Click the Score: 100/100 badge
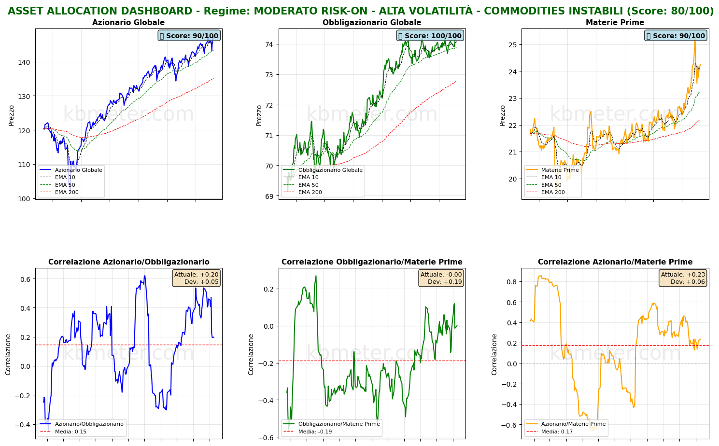click(430, 36)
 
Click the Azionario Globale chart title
click(128, 23)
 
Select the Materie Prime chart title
click(615, 23)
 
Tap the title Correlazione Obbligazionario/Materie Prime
click(372, 262)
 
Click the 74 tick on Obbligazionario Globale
click(269, 44)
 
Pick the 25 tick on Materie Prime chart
click(512, 45)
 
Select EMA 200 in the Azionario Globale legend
click(67, 192)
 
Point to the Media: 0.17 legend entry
click(555, 432)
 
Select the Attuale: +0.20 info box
click(196, 278)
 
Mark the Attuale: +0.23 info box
click(683, 278)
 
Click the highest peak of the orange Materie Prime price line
click(695, 40)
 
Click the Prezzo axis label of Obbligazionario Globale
click(259, 115)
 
